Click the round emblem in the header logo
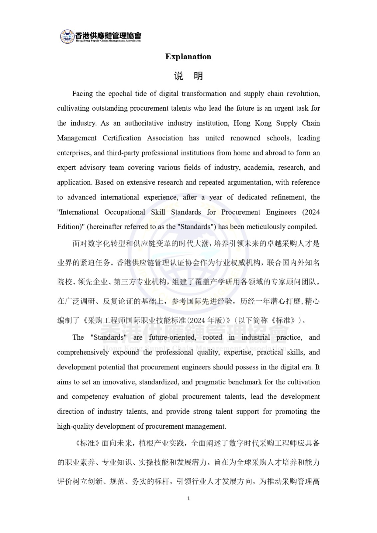(x=67, y=36)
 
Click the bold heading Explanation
(x=188, y=57)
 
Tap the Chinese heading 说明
(x=188, y=76)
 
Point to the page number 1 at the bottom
(x=188, y=498)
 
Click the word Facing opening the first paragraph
(x=83, y=94)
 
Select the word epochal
(x=120, y=94)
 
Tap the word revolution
(x=304, y=94)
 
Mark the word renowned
(x=245, y=138)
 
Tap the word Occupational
(x=125, y=212)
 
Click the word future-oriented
(x=172, y=337)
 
